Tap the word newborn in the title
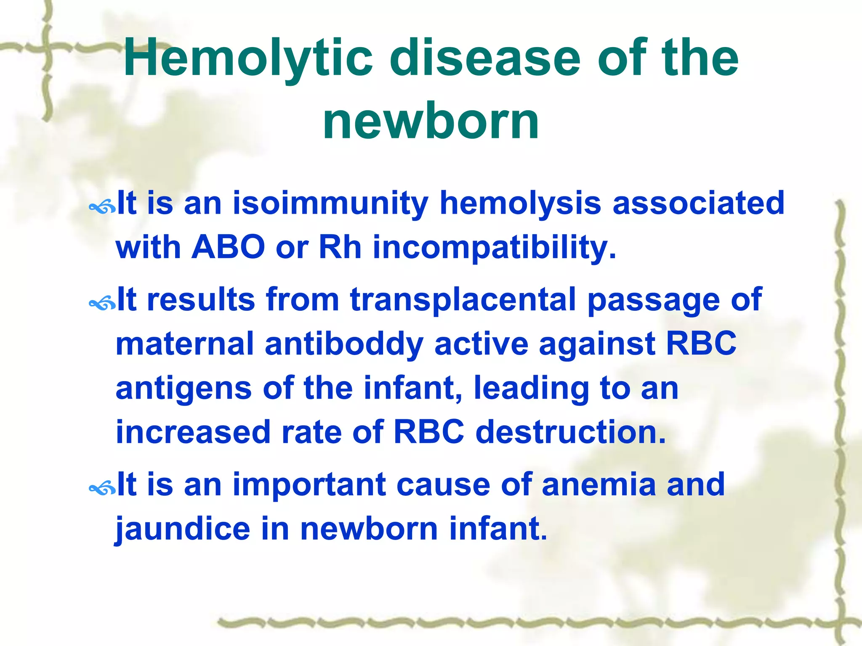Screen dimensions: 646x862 tap(431, 122)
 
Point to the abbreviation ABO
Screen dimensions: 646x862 tap(228, 247)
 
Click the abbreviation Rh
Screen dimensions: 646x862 tap(340, 247)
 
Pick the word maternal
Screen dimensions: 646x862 tap(184, 344)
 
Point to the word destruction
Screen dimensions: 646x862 tap(571, 432)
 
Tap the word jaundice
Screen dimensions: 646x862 tap(183, 529)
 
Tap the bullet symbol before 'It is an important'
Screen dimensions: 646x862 tap(102, 488)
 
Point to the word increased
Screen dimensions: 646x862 tap(193, 432)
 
